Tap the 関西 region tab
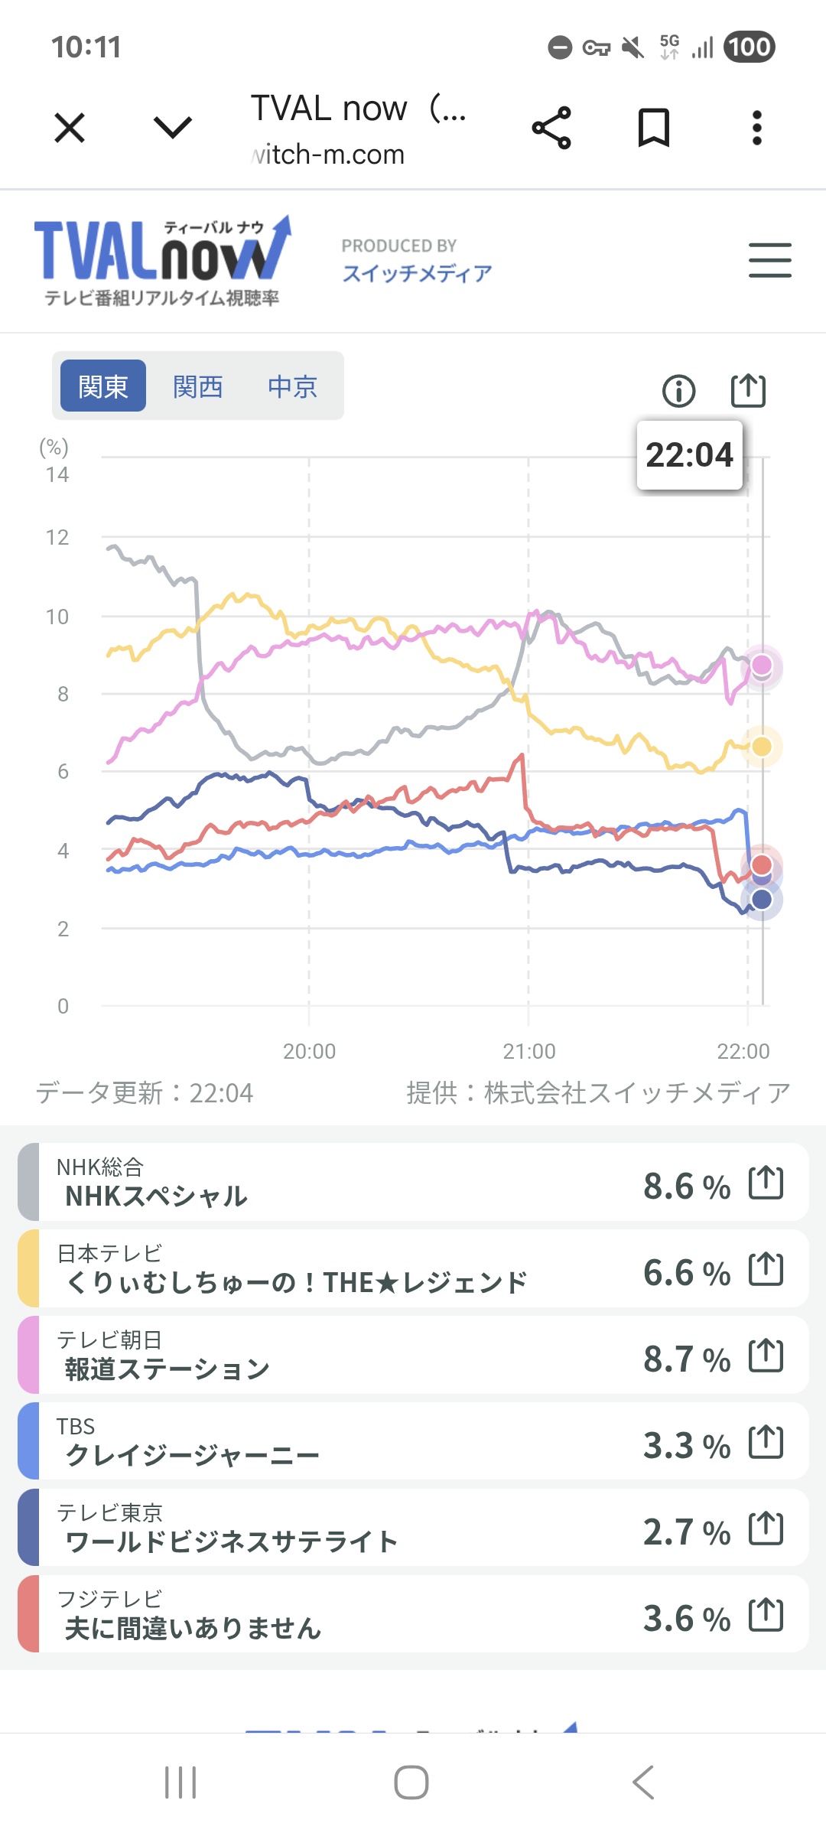click(x=197, y=387)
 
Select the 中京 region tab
click(x=292, y=387)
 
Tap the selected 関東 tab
click(x=103, y=386)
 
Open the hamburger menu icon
click(x=769, y=260)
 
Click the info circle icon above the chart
click(x=678, y=391)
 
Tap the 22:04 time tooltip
click(x=689, y=455)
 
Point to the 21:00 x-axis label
click(x=528, y=1051)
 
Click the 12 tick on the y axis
click(x=57, y=538)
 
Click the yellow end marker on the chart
click(x=762, y=747)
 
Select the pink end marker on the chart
click(x=762, y=665)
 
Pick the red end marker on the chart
click(x=762, y=864)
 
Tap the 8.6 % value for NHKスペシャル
click(x=686, y=1187)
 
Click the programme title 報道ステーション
click(x=167, y=1369)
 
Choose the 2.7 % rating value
click(x=686, y=1532)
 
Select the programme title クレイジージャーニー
click(x=192, y=1455)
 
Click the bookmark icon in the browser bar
click(x=654, y=127)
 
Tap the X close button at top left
click(x=70, y=127)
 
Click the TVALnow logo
click(x=162, y=260)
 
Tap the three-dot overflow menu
click(x=756, y=127)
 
